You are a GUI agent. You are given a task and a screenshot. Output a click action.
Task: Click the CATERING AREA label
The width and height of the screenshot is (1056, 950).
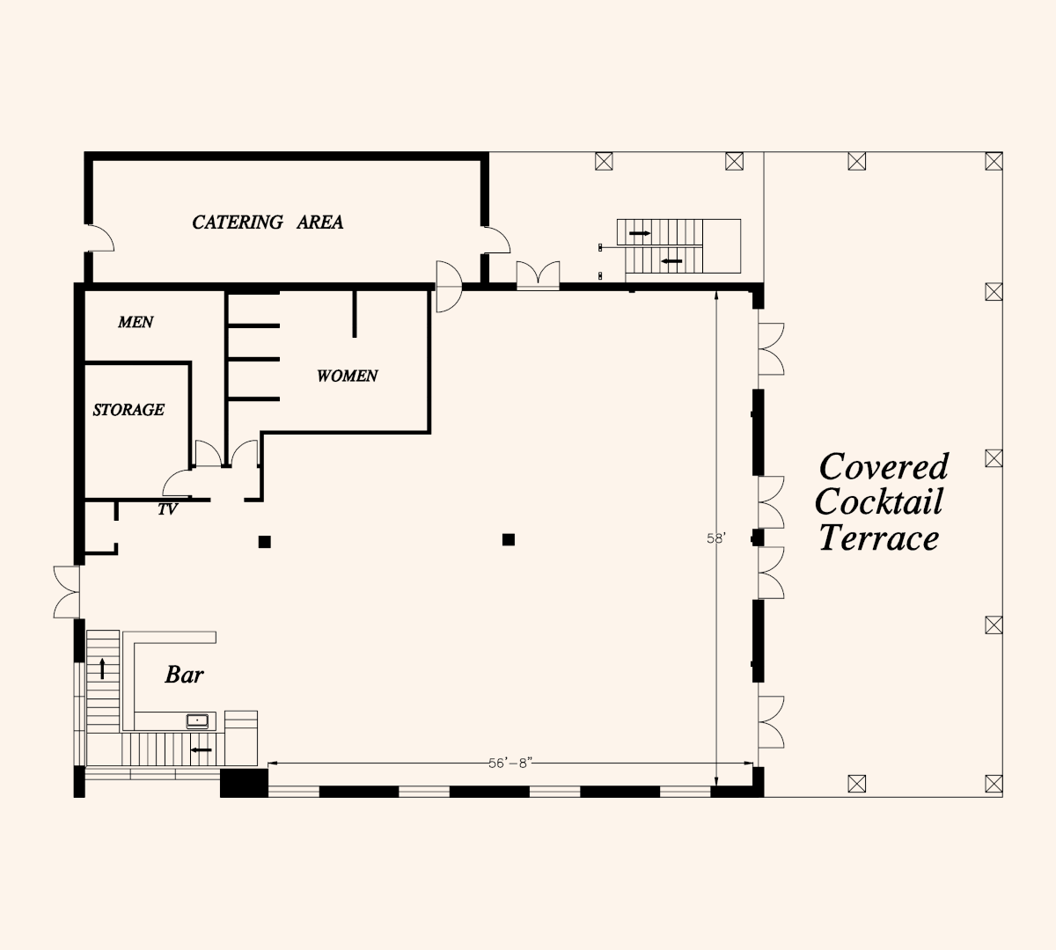(x=268, y=222)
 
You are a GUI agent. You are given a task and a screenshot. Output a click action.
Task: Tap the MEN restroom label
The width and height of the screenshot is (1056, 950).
(x=136, y=322)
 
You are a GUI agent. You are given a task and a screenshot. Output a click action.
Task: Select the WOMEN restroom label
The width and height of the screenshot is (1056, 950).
(x=347, y=376)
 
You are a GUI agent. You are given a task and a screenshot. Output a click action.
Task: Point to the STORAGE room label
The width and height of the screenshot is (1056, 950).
(x=128, y=410)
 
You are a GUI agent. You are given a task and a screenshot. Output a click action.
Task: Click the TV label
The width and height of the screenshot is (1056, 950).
(x=167, y=509)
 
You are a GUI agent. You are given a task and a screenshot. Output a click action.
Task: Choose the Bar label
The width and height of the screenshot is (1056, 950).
(x=184, y=674)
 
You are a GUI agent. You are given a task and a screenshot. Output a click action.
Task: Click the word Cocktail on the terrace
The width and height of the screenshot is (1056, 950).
(x=878, y=501)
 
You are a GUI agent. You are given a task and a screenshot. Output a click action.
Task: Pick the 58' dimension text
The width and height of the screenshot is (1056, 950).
(x=716, y=538)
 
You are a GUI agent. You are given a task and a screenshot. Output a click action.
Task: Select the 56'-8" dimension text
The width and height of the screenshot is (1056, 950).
(x=510, y=764)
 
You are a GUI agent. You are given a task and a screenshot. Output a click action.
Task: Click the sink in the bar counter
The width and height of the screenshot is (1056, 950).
(x=197, y=720)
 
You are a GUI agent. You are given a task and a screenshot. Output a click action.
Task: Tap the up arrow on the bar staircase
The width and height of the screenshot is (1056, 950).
(x=103, y=669)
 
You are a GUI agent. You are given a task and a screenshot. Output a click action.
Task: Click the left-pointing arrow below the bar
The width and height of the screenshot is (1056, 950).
(x=202, y=750)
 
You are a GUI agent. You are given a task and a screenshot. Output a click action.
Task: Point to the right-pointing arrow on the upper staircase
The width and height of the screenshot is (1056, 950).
(x=640, y=233)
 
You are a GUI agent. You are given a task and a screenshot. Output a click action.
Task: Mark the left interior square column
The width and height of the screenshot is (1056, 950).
(x=264, y=542)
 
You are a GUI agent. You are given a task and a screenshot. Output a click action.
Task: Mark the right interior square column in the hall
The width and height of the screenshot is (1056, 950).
(x=509, y=539)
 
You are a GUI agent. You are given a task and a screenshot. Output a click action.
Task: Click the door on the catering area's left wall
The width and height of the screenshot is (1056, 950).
(x=101, y=237)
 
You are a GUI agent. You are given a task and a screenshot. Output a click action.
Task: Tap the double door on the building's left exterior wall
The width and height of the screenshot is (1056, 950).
(x=67, y=592)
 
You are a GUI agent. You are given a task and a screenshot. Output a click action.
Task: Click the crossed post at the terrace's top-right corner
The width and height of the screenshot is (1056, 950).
(x=994, y=161)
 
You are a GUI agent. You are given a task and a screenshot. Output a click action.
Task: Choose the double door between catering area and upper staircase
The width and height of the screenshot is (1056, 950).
(x=538, y=275)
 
